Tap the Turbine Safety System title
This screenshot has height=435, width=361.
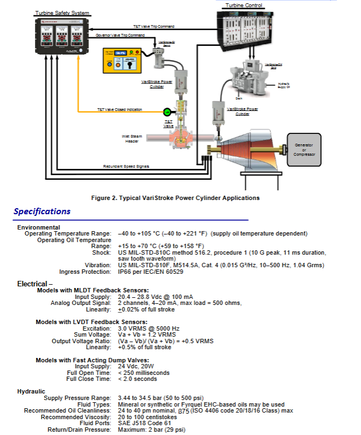click(62, 13)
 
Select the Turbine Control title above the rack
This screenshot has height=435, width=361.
click(244, 5)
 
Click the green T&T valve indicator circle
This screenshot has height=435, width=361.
click(167, 111)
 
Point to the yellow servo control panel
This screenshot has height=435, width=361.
click(122, 61)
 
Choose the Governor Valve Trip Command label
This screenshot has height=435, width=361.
click(120, 35)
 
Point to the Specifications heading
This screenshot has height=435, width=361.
click(42, 211)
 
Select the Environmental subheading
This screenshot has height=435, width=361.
click(39, 227)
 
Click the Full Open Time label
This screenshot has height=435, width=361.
click(89, 373)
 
